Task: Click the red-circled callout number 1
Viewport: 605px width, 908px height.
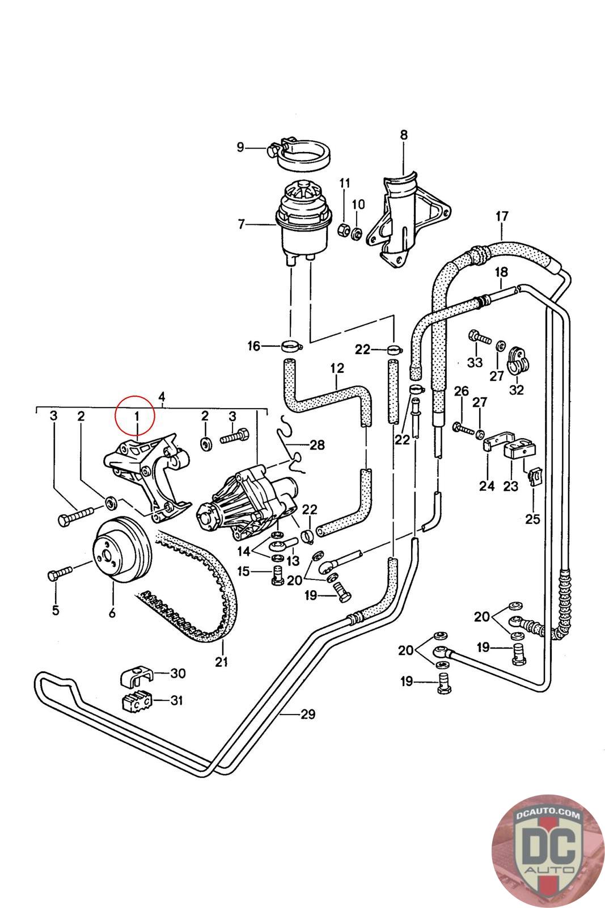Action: pos(136,416)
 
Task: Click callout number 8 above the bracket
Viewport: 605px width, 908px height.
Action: pos(403,135)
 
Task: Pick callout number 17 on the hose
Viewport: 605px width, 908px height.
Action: pos(502,216)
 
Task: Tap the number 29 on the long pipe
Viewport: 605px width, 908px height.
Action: pos(307,714)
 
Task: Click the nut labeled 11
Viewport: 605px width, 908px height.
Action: pos(344,230)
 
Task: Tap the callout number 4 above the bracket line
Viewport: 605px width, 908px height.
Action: pos(162,397)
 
